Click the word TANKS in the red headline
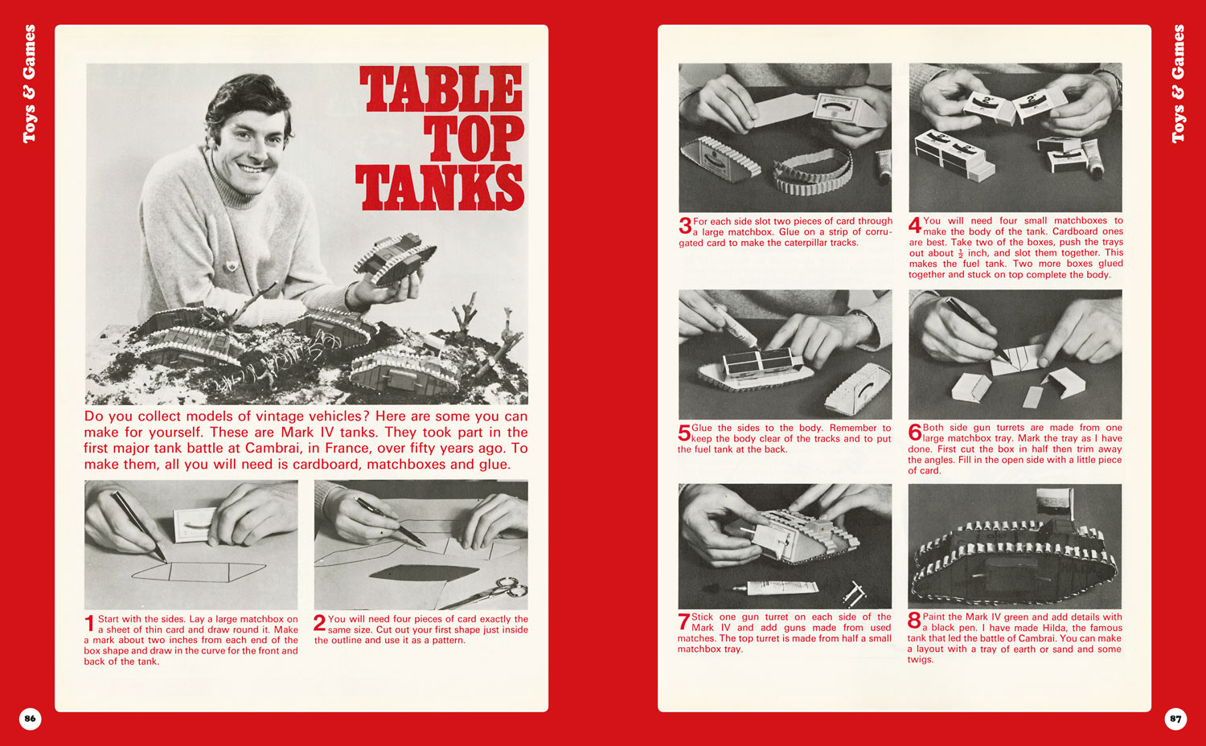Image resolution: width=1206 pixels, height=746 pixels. click(x=439, y=187)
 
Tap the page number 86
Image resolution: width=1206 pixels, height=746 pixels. click(x=31, y=719)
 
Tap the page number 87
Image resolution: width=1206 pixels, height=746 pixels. click(x=1175, y=719)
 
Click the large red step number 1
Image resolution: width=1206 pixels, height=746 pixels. click(x=89, y=624)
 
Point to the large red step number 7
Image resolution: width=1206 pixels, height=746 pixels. click(x=683, y=621)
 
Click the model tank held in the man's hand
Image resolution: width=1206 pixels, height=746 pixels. click(x=395, y=258)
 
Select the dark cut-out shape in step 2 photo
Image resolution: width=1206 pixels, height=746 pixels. click(x=424, y=572)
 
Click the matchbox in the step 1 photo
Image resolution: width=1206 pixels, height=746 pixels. click(x=194, y=525)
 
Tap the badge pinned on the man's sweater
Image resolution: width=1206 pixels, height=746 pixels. click(x=231, y=265)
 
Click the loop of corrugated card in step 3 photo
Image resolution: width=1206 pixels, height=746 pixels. click(x=813, y=172)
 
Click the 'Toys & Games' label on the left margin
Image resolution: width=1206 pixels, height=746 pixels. click(x=29, y=84)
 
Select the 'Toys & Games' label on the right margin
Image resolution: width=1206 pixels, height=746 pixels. click(x=1178, y=84)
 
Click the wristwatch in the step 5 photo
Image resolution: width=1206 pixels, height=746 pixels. click(x=865, y=321)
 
